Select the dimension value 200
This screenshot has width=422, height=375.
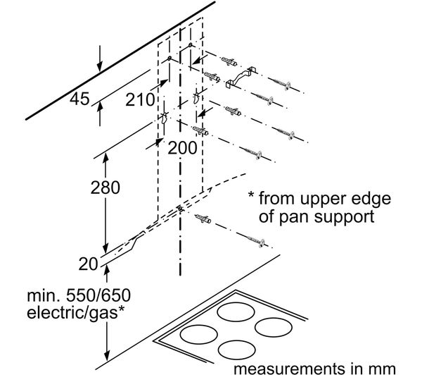coord(183,148)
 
